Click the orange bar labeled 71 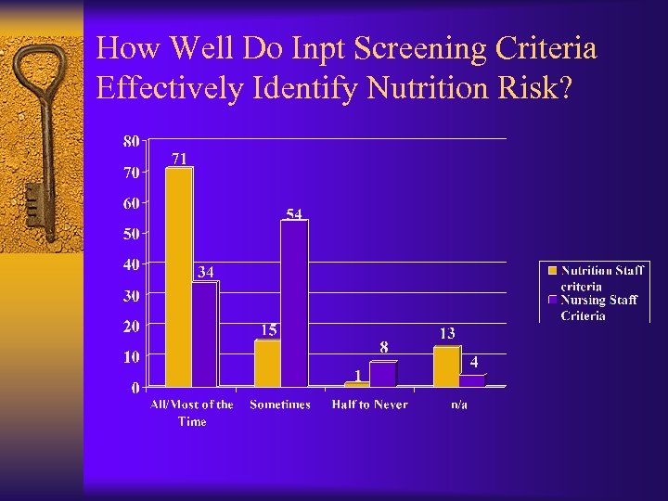click(x=178, y=276)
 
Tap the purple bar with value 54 click(x=294, y=303)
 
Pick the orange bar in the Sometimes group click(x=267, y=363)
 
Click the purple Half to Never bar click(x=382, y=374)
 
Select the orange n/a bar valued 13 click(x=446, y=366)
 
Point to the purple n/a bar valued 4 click(x=472, y=380)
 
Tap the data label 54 click(x=294, y=214)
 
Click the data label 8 click(x=384, y=347)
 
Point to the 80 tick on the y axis click(x=131, y=141)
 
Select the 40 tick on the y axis click(x=131, y=264)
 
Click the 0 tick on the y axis click(x=135, y=388)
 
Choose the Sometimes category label click(x=280, y=405)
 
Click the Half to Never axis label click(x=369, y=405)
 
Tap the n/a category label click(x=458, y=405)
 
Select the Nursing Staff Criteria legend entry click(x=598, y=307)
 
